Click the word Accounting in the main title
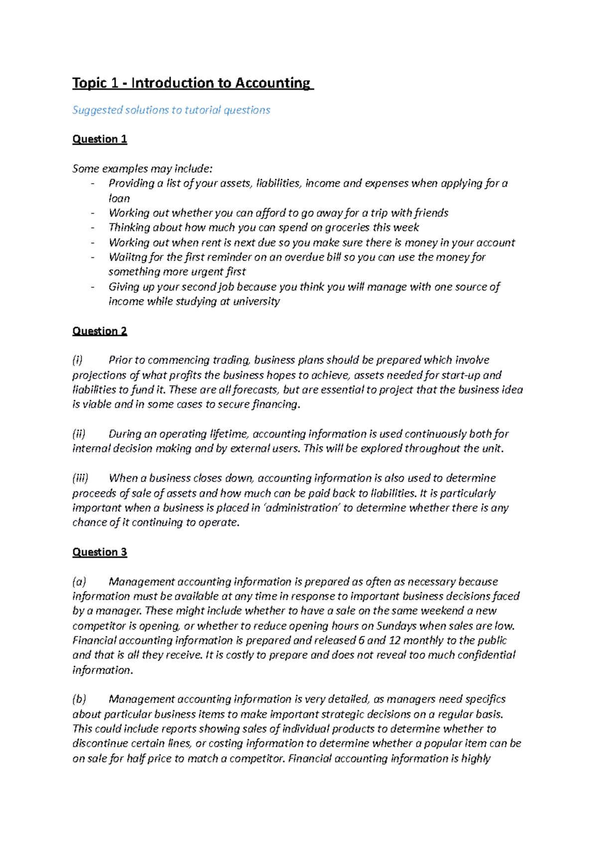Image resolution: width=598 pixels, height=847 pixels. point(272,83)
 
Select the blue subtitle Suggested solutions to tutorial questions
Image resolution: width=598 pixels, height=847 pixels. point(171,110)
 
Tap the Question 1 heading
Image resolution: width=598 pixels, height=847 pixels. point(100,139)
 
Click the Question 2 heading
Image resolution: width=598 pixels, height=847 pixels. point(100,331)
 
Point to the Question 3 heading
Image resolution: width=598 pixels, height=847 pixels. point(100,552)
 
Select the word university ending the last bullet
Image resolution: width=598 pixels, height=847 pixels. point(256,301)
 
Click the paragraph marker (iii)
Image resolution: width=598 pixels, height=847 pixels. point(80,478)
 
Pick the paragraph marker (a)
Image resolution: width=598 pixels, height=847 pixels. point(79,582)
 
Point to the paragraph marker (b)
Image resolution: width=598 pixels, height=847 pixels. point(79,699)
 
